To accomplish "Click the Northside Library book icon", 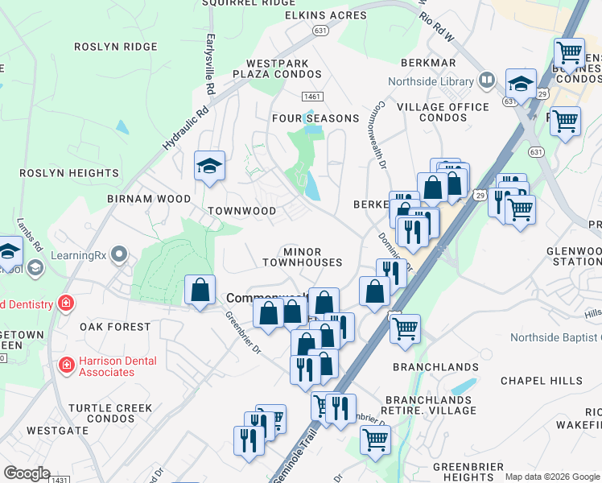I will click(x=486, y=80).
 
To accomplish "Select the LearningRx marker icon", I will click(x=120, y=255).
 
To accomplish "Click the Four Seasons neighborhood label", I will click(x=315, y=118).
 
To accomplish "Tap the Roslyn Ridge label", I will click(x=116, y=47).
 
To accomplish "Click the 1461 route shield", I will click(x=312, y=97).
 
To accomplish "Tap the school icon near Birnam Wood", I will click(x=209, y=167).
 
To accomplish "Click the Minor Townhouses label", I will click(x=302, y=257).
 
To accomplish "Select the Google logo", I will click(x=27, y=473).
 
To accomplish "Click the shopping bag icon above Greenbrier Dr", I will click(x=200, y=291).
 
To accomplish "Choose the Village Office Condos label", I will click(x=443, y=112).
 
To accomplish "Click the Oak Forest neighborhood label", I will click(x=115, y=327).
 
